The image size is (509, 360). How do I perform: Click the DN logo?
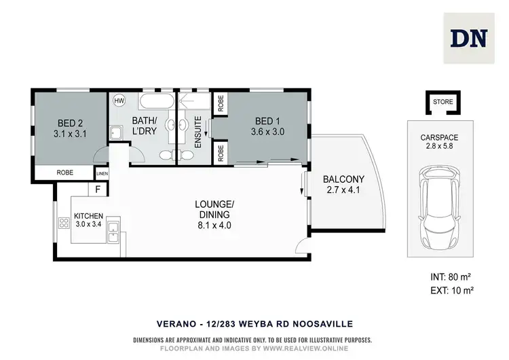(x=468, y=38)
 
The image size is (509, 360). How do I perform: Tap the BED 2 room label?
(x=70, y=129)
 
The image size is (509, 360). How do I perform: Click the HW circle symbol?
(x=119, y=100)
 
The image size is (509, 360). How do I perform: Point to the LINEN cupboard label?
(x=102, y=173)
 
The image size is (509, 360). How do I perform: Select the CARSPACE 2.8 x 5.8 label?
(x=440, y=141)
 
